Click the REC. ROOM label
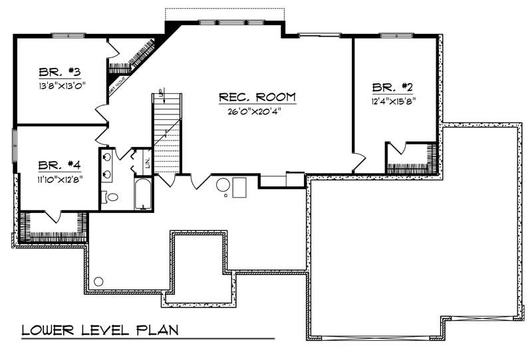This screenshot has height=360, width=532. point(257,98)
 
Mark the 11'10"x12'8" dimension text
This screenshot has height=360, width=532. point(59,178)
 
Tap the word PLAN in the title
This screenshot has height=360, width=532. point(156,330)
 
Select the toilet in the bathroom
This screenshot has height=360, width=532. point(112,197)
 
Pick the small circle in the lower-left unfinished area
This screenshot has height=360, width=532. point(98,281)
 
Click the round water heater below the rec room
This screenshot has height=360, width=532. point(224,184)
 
